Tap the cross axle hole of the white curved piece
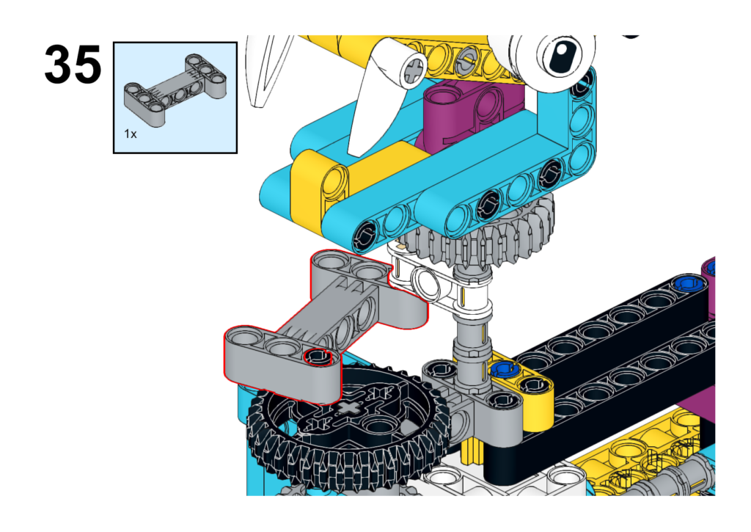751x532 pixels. (412, 71)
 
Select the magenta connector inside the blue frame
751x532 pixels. (469, 110)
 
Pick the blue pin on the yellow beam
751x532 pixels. (502, 368)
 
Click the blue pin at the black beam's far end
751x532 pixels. (686, 283)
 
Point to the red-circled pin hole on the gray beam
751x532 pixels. (316, 357)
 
